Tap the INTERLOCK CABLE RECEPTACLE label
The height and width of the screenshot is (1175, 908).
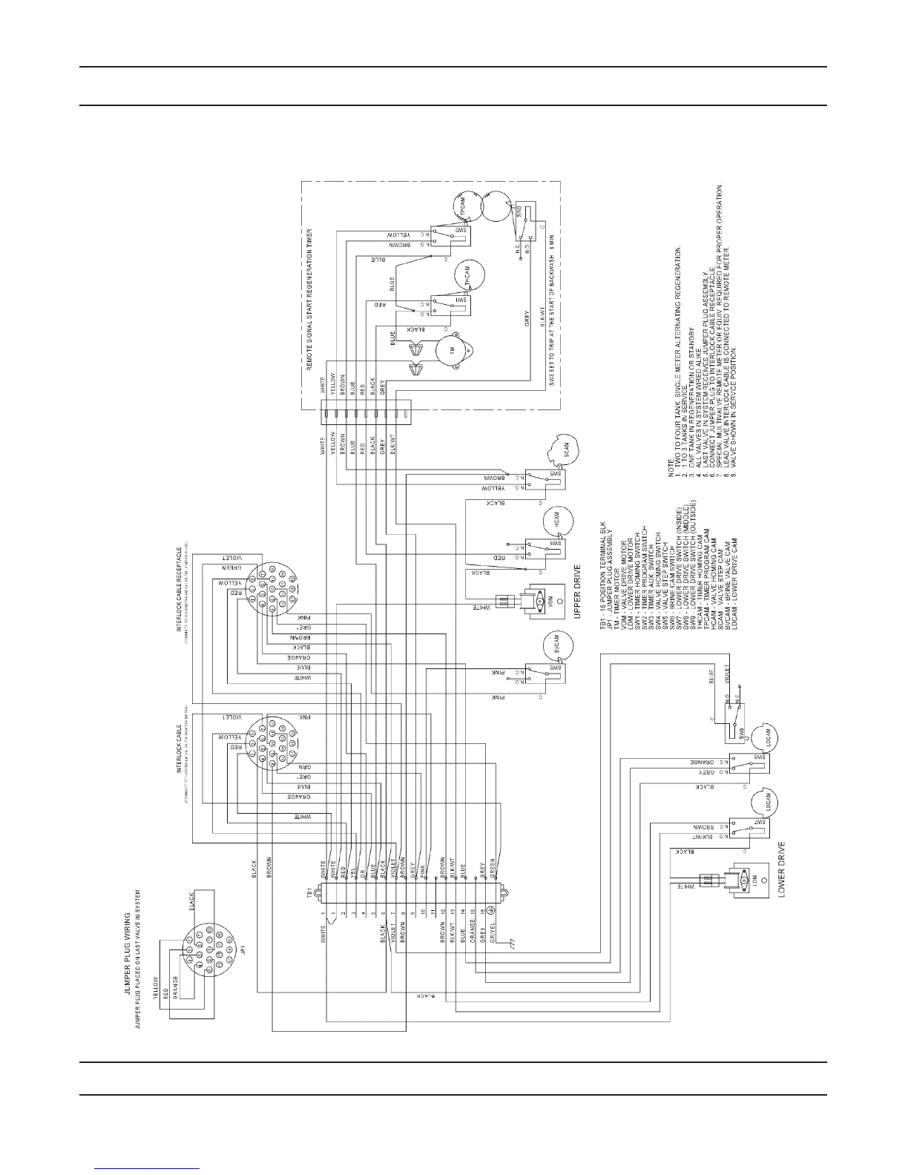pyautogui.click(x=179, y=590)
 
